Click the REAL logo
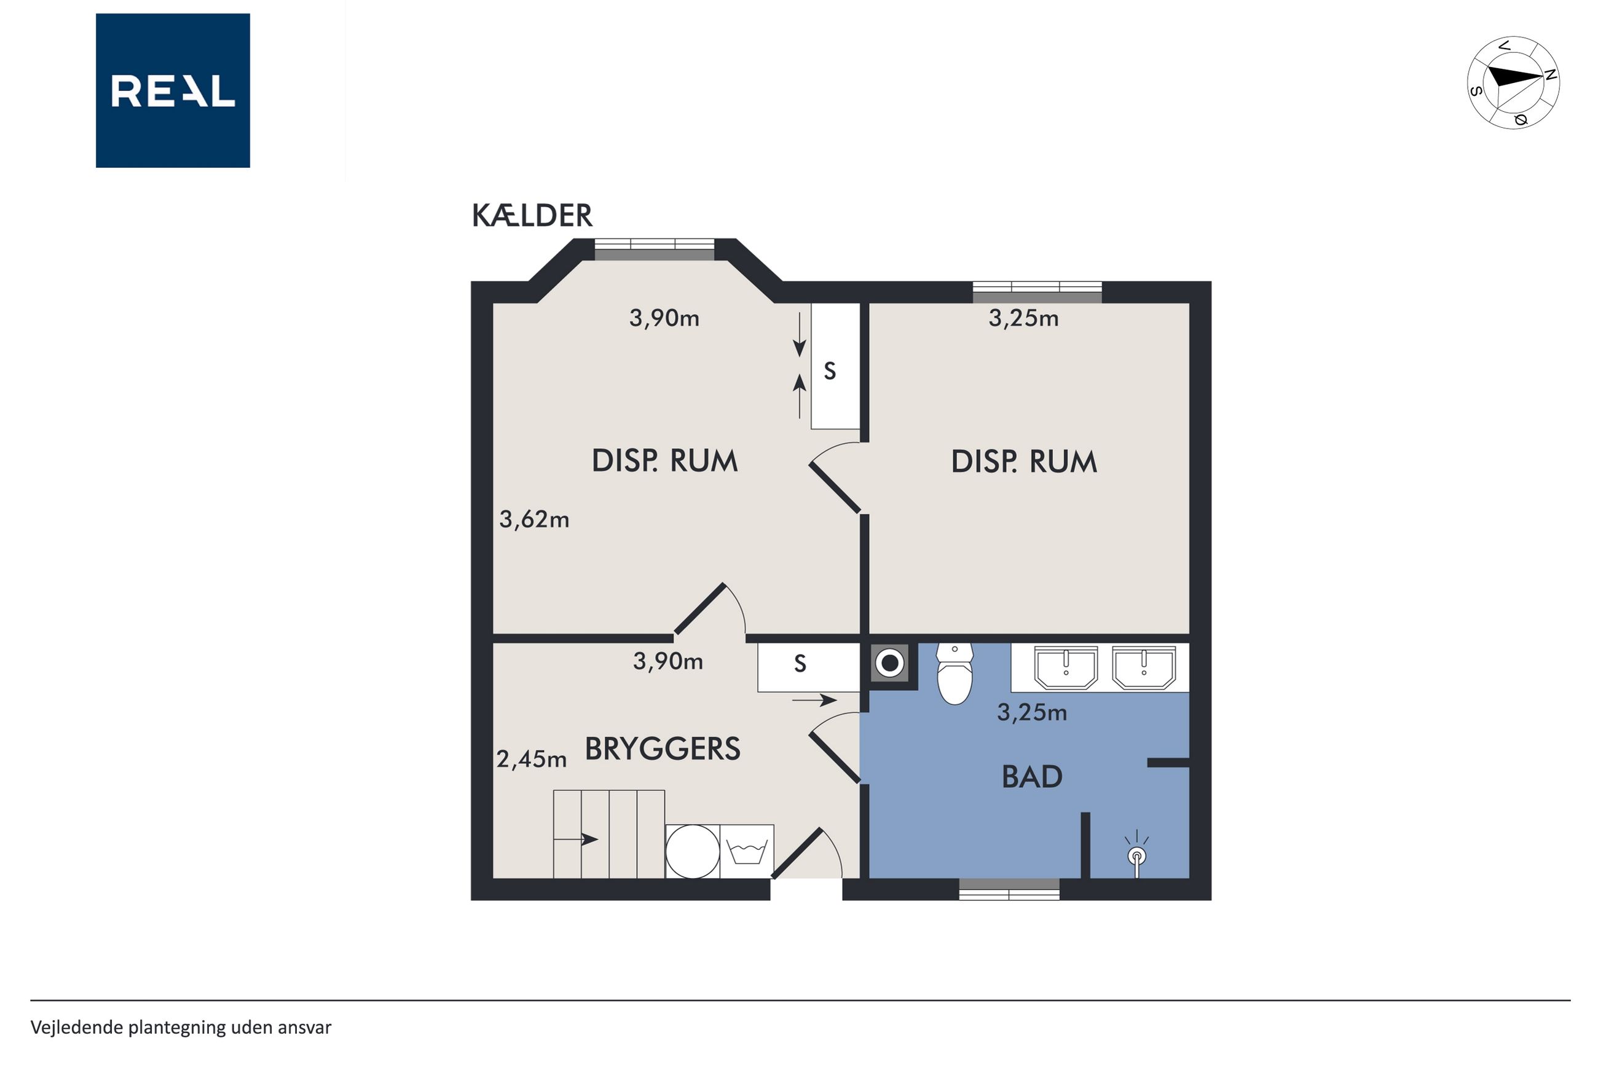pos(173,90)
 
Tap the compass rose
pos(1513,83)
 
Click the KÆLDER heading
pos(532,216)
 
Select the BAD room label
pos(1031,777)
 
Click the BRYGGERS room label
pos(662,749)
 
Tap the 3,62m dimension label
pos(534,520)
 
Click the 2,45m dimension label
pos(531,760)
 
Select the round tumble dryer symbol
pos(692,852)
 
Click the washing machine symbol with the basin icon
pos(746,852)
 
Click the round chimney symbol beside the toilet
pos(890,662)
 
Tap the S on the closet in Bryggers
pos(800,664)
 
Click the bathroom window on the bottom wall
pos(1009,889)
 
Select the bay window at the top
pos(655,250)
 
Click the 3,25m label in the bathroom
pos(1031,712)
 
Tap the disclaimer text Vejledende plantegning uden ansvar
pos(181,1028)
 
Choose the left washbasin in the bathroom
pos(1066,667)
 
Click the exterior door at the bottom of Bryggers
pos(807,854)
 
